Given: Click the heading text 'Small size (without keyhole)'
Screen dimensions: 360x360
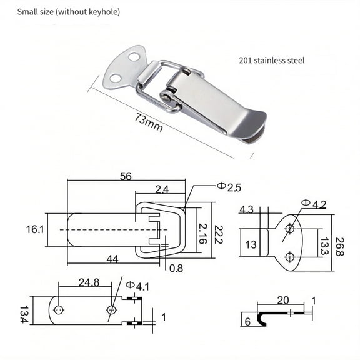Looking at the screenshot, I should click(69, 12).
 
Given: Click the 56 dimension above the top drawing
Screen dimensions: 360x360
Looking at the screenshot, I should click(125, 177).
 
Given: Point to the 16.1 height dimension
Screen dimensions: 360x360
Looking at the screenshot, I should click(35, 229).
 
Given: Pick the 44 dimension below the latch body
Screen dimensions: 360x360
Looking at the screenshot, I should click(112, 259).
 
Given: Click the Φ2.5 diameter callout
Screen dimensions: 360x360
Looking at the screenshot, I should click(229, 186).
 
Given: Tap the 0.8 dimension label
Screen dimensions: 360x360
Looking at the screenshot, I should click(176, 269).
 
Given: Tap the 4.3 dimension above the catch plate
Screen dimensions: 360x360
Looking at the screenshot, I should click(246, 210).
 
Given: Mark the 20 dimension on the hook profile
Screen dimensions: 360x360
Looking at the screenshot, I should click(282, 301).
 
